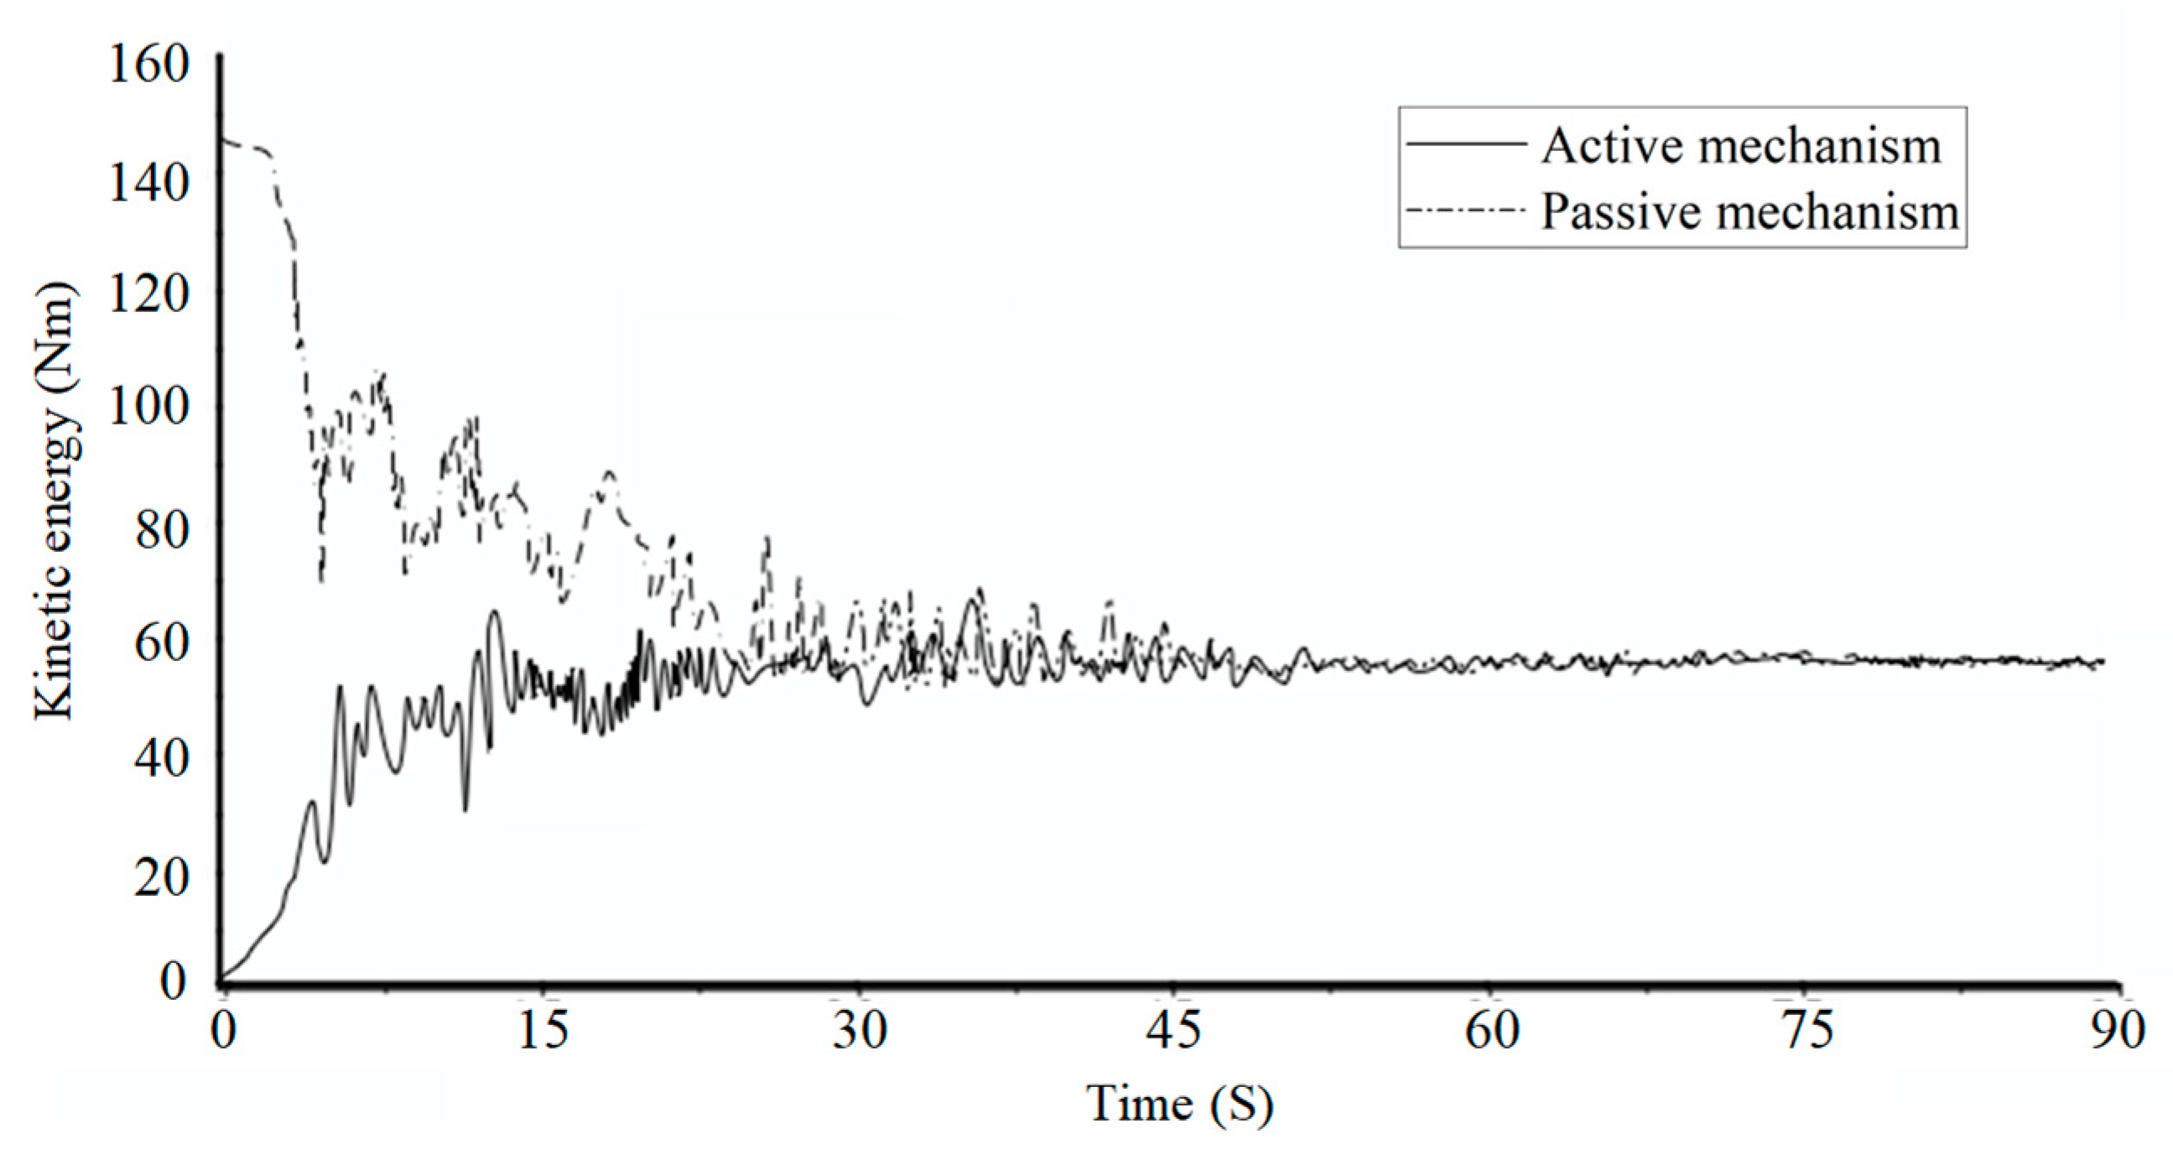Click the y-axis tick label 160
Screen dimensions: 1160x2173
(148, 64)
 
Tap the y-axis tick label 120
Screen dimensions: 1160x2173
(148, 294)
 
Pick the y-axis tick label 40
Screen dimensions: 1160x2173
(161, 758)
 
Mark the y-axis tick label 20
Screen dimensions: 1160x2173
(161, 878)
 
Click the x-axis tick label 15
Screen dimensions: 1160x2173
(543, 1031)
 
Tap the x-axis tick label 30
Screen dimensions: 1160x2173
(860, 1031)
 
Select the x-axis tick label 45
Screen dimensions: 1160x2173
(1173, 1031)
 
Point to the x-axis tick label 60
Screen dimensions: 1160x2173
(1491, 1031)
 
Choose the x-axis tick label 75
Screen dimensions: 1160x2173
(1805, 1031)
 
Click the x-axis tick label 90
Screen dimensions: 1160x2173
(2117, 1031)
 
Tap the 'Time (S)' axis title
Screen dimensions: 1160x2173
(1179, 1104)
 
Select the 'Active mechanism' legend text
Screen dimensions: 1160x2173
(1741, 146)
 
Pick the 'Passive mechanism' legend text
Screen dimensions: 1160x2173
(1749, 211)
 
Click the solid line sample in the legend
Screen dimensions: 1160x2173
(1466, 144)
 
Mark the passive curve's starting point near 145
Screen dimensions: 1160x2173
(222, 139)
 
